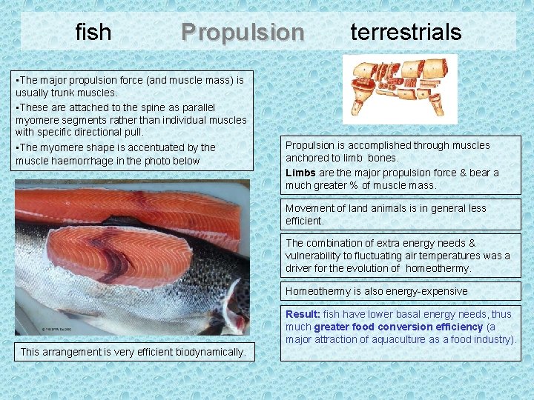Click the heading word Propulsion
(243, 33)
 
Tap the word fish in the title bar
(93, 33)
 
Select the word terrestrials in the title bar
(406, 32)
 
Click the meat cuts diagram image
(400, 88)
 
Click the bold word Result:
(303, 314)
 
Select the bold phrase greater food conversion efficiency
(398, 327)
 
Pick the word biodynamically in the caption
(212, 352)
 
